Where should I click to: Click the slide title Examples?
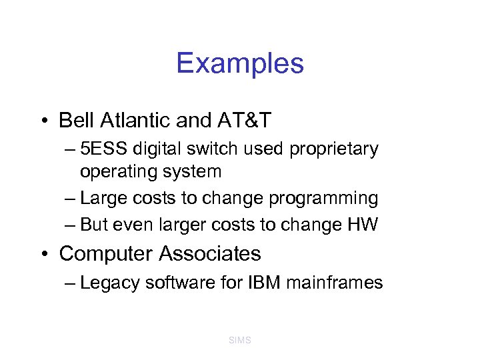240,63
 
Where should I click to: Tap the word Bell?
75,120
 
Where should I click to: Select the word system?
194,171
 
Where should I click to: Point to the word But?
95,225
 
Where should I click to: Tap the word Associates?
211,254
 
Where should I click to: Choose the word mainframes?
335,283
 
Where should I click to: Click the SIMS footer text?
239,340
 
